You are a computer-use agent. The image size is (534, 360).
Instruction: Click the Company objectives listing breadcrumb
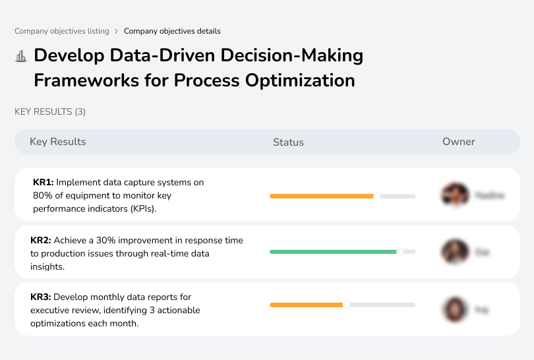[62, 31]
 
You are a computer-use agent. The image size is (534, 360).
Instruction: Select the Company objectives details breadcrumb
[172, 31]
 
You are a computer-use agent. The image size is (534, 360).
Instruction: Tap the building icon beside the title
[21, 56]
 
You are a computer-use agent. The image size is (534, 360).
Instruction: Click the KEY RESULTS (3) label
[50, 111]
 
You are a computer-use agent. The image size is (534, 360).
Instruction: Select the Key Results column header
[57, 142]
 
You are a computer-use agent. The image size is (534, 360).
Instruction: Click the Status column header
[288, 142]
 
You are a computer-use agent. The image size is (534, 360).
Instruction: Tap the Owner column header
[459, 142]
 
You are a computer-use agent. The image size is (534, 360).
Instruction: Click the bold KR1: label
[43, 182]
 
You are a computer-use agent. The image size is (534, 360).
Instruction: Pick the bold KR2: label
[41, 241]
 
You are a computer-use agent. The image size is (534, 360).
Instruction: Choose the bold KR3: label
[41, 297]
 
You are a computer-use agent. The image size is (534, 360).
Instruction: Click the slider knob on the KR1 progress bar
[377, 196]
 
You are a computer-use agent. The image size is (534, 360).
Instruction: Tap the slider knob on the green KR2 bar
[400, 252]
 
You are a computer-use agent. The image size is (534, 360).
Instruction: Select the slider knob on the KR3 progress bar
[346, 305]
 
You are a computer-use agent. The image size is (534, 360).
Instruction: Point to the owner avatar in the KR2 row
[454, 252]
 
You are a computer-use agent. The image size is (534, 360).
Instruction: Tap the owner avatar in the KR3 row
[454, 309]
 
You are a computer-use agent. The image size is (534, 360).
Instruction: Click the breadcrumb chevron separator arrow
[117, 31]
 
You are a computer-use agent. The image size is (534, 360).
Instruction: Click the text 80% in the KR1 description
[42, 195]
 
